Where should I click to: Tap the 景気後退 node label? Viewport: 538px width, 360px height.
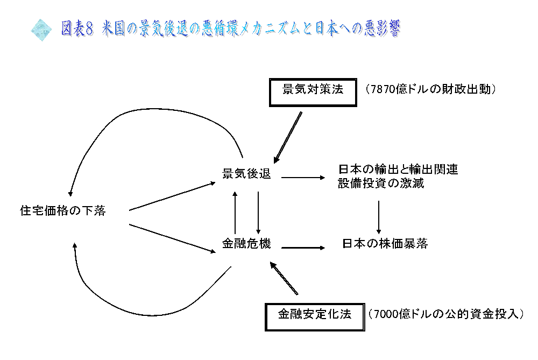coord(246,174)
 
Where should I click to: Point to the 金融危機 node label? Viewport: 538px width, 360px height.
coord(246,244)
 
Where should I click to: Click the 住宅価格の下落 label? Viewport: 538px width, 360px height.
coord(63,211)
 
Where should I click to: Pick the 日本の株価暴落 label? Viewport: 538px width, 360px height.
coord(385,244)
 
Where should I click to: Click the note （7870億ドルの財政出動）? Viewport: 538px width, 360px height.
coord(430,89)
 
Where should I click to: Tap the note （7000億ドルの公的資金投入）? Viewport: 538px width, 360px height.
coord(446,314)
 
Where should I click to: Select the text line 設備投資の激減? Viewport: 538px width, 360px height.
coord(381,183)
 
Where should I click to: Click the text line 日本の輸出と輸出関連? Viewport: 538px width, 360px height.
coord(398,169)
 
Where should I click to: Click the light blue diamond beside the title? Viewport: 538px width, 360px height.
coord(41,30)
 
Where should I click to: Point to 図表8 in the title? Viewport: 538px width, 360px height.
coord(77,28)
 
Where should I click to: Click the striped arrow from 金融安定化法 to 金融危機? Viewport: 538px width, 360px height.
coord(284,278)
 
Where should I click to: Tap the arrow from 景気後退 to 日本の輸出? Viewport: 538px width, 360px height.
coord(303,178)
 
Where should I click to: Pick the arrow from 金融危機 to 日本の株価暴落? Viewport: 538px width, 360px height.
coord(303,248)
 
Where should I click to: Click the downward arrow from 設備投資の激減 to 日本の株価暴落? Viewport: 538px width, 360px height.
coord(379,217)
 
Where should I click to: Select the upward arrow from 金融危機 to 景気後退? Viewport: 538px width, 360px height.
coord(235,213)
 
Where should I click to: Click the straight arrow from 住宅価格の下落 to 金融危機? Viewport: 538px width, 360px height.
coord(172,238)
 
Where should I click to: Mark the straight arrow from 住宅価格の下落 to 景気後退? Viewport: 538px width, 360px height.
coord(172,196)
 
